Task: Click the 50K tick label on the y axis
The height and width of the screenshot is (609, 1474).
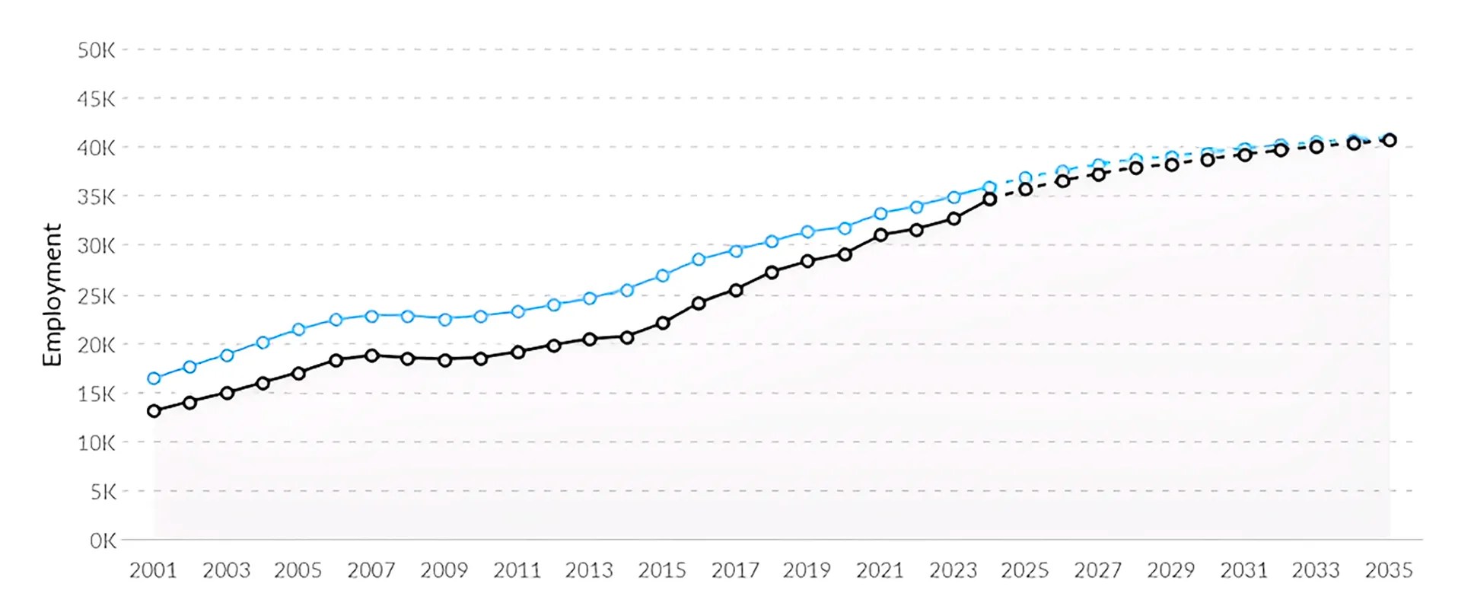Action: [96, 50]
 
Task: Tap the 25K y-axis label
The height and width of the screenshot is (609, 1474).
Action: [96, 296]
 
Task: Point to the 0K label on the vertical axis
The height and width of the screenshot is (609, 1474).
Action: [103, 541]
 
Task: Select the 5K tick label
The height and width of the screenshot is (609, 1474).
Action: [103, 492]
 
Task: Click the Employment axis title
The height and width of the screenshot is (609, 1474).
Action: [52, 295]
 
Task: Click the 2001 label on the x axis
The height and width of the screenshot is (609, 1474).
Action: [153, 570]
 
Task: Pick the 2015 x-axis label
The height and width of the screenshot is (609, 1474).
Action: [661, 570]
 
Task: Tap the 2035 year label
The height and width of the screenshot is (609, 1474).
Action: [1389, 570]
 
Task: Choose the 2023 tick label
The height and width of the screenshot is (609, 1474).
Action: [953, 570]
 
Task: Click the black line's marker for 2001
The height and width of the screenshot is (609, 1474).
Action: [154, 411]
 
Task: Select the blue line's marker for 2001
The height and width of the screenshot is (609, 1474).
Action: [154, 378]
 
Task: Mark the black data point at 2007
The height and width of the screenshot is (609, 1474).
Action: [371, 356]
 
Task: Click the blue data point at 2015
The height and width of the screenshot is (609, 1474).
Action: [662, 276]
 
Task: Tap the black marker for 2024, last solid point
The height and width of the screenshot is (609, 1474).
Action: [989, 199]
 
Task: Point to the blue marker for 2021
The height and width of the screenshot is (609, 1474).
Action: [880, 214]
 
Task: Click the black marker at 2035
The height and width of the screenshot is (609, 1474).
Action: [1390, 140]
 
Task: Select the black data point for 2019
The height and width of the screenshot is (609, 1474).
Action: [807, 261]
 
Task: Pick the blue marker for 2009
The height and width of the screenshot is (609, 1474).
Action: [444, 320]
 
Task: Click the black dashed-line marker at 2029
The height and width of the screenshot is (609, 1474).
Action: [1172, 164]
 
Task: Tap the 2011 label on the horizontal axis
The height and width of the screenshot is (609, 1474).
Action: [517, 570]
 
